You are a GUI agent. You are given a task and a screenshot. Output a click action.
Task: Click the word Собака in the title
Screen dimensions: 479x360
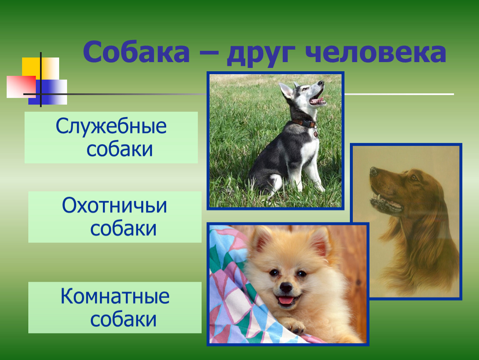tap(136, 52)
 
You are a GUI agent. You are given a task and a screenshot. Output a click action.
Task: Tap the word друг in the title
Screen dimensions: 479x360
tap(261, 55)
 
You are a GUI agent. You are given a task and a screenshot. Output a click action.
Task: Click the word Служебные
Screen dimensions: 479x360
tap(111, 126)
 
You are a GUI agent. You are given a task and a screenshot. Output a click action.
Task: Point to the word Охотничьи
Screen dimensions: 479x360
tap(115, 205)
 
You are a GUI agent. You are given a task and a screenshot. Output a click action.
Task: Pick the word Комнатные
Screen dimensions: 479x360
tap(115, 296)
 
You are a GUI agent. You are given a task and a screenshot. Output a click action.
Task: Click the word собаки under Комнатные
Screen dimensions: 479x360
tap(123, 319)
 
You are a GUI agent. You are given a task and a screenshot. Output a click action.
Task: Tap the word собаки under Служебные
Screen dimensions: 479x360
tap(120, 149)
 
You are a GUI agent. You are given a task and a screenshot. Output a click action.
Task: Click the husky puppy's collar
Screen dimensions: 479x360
tap(304, 124)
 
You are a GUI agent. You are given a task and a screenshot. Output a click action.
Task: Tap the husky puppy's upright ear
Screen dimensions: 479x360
tap(286, 90)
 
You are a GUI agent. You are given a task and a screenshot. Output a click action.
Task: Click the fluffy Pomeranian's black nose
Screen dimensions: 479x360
tap(286, 287)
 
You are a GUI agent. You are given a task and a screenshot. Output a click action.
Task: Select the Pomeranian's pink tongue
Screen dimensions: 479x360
tap(285, 301)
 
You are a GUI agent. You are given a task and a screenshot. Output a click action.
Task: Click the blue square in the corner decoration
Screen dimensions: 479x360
tap(47, 92)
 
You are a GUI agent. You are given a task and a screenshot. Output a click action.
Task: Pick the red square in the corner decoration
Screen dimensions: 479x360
tap(21, 87)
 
